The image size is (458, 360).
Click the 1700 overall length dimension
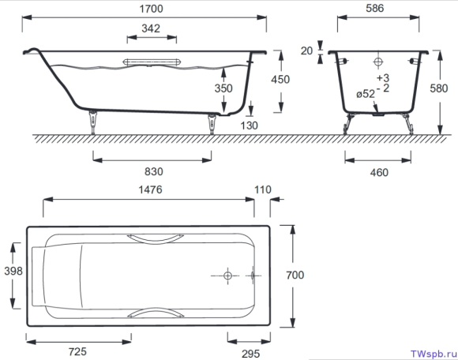pos(151,9)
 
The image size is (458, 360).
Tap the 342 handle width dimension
pos(151,28)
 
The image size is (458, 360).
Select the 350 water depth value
pos(223,88)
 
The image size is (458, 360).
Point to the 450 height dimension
pos(280,80)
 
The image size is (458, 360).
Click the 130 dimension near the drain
pos(250,126)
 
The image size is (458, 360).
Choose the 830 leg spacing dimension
pos(154,171)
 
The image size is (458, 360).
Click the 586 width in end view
pos(375,8)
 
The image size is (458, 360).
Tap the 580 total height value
pos(439,88)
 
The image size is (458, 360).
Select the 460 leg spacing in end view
pos(379,173)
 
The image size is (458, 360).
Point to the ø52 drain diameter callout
pos(366,94)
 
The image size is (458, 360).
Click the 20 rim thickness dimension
pos(306,51)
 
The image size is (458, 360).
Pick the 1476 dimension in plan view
pos(150,189)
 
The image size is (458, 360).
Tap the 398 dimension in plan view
pos(13,271)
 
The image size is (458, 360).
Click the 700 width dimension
pos(295,275)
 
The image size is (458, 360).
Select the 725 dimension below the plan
pos(77,351)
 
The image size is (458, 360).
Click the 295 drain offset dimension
pos(250,354)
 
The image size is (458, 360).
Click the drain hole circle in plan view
pos(227,276)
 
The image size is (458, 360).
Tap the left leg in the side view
pos(93,122)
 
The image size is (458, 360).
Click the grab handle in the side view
pos(152,62)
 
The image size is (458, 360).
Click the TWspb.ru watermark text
pos(434,354)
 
